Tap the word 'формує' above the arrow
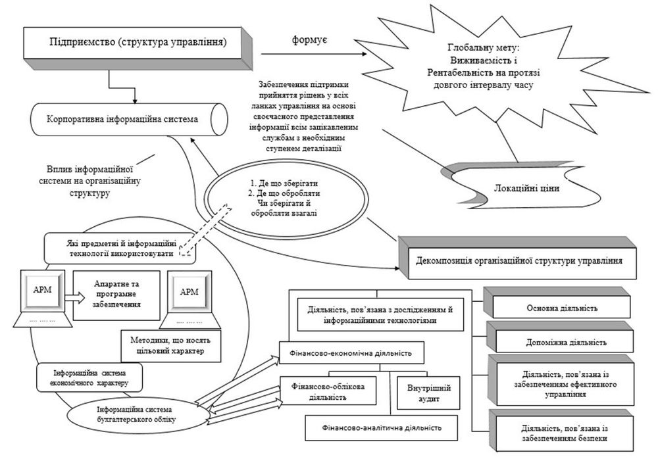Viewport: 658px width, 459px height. (310, 40)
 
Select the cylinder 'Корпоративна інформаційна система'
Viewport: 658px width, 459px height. (129, 119)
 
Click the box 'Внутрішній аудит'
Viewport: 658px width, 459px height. (428, 393)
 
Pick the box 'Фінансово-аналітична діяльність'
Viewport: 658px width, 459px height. (381, 428)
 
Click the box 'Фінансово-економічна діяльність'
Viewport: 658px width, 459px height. (351, 353)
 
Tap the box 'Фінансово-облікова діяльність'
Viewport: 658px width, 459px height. (328, 391)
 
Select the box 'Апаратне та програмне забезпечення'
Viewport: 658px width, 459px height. (116, 295)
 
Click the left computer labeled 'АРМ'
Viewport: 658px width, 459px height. (41, 299)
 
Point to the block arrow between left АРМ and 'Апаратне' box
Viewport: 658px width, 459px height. (75, 297)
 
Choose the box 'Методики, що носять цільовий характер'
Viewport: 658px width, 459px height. (171, 346)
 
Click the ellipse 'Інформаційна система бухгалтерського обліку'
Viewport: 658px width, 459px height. (138, 415)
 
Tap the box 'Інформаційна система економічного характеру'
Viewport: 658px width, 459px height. (89, 377)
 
